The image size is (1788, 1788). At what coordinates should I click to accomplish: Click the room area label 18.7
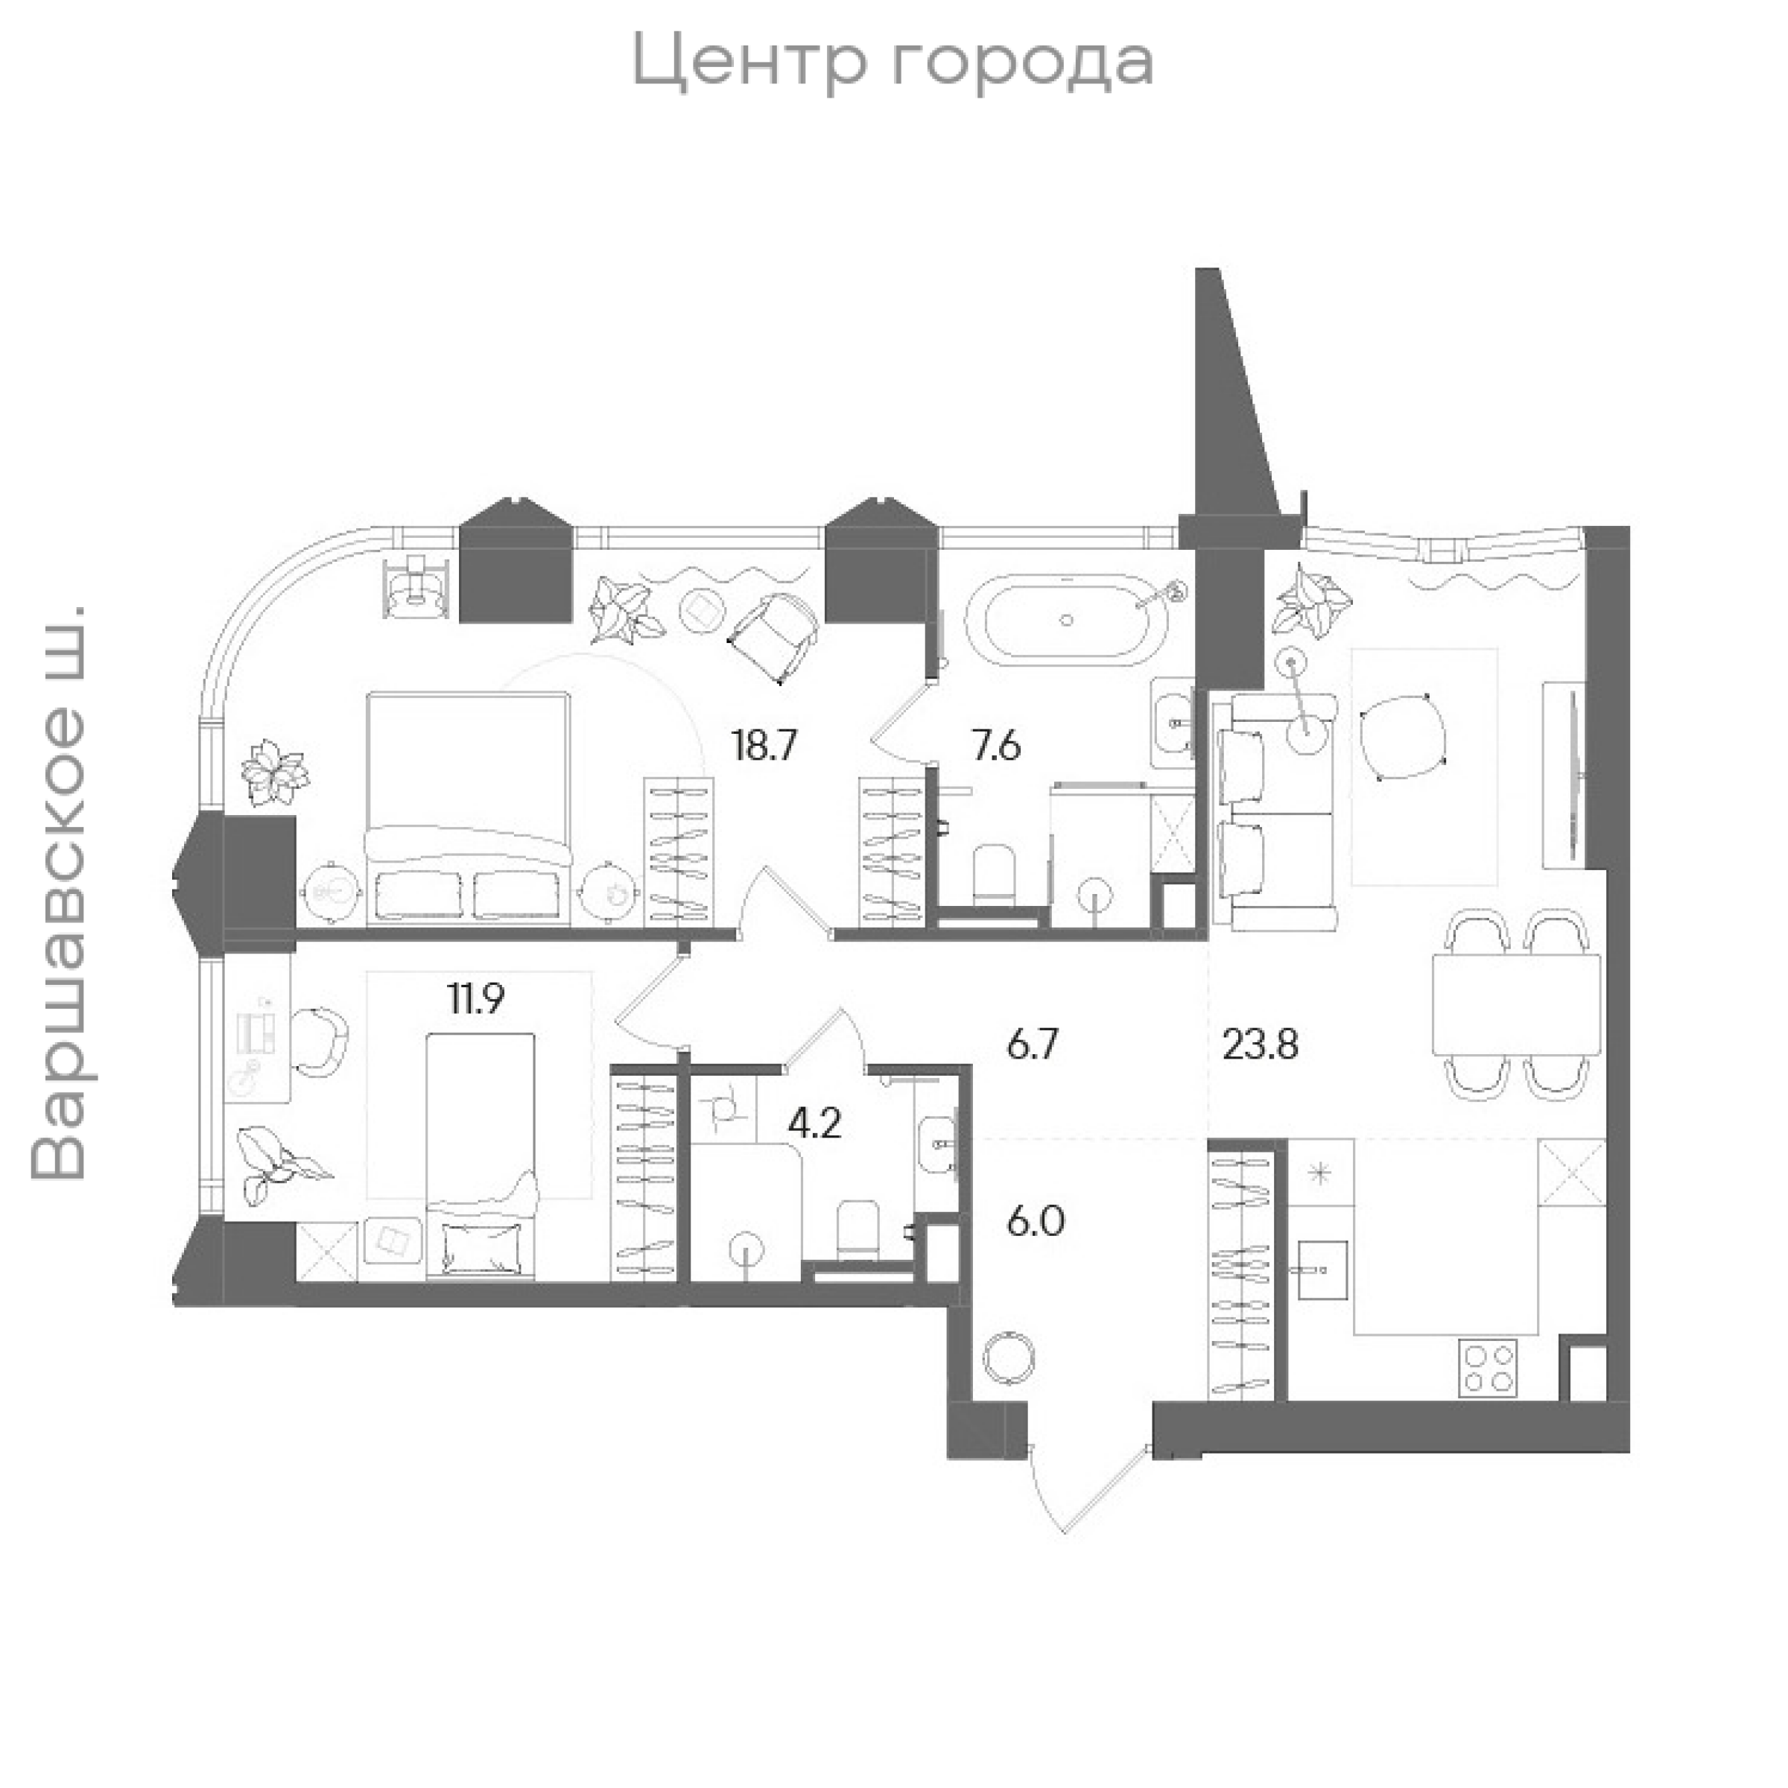[764, 744]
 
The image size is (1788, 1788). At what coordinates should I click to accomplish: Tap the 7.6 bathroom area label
[996, 744]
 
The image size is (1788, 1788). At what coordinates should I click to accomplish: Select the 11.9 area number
[478, 1000]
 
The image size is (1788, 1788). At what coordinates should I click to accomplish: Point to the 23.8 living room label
[1261, 1046]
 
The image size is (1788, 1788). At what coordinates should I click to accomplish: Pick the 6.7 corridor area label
[1032, 1047]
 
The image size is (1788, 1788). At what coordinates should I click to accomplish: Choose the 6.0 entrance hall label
[1036, 1223]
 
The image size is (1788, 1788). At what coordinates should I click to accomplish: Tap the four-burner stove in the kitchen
[1489, 1369]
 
